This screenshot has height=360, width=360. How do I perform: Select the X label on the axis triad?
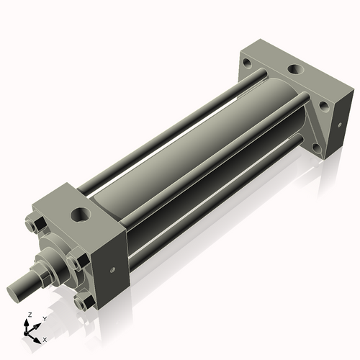pyautogui.click(x=45, y=338)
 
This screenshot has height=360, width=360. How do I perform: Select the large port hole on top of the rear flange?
pyautogui.click(x=296, y=71)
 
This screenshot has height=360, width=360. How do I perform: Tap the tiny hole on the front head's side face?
pyautogui.click(x=112, y=271)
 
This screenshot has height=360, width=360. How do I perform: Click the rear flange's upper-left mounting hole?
pyautogui.click(x=247, y=63)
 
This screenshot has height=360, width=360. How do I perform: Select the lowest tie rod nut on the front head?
pyautogui.click(x=84, y=303)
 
